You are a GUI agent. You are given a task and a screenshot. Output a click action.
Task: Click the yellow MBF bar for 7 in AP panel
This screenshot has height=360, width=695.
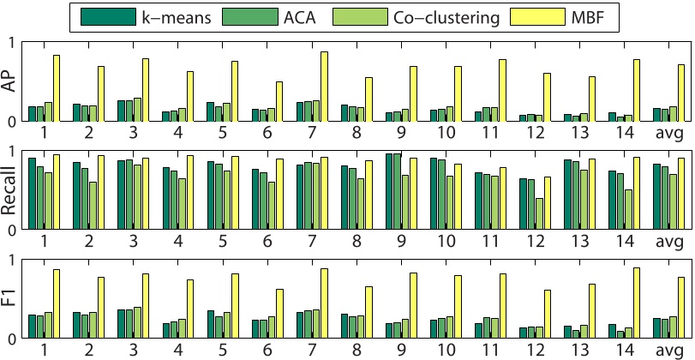(x=324, y=87)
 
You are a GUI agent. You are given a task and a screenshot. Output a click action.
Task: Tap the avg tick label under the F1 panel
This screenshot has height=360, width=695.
(x=668, y=350)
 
